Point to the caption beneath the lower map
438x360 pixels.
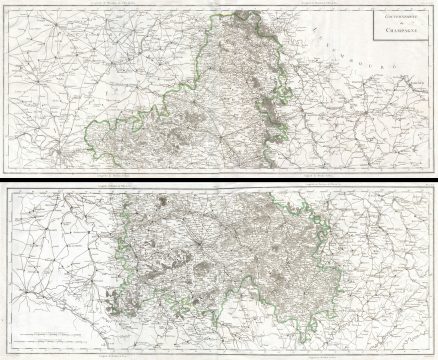coord(120,353)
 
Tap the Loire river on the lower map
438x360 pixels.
coord(60,310)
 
